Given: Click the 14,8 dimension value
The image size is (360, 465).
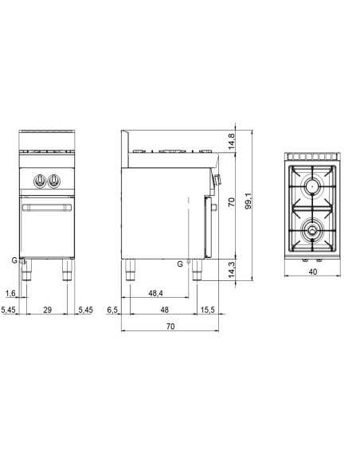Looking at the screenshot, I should pyautogui.click(x=232, y=141).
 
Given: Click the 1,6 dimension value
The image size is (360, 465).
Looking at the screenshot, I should pyautogui.click(x=10, y=292).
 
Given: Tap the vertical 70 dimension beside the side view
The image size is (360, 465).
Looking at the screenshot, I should pyautogui.click(x=232, y=202).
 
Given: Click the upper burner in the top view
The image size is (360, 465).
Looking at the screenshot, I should pyautogui.click(x=312, y=188).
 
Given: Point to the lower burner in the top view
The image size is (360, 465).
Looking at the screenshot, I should pyautogui.click(x=312, y=232).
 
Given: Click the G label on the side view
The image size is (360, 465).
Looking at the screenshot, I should pyautogui.click(x=181, y=264).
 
